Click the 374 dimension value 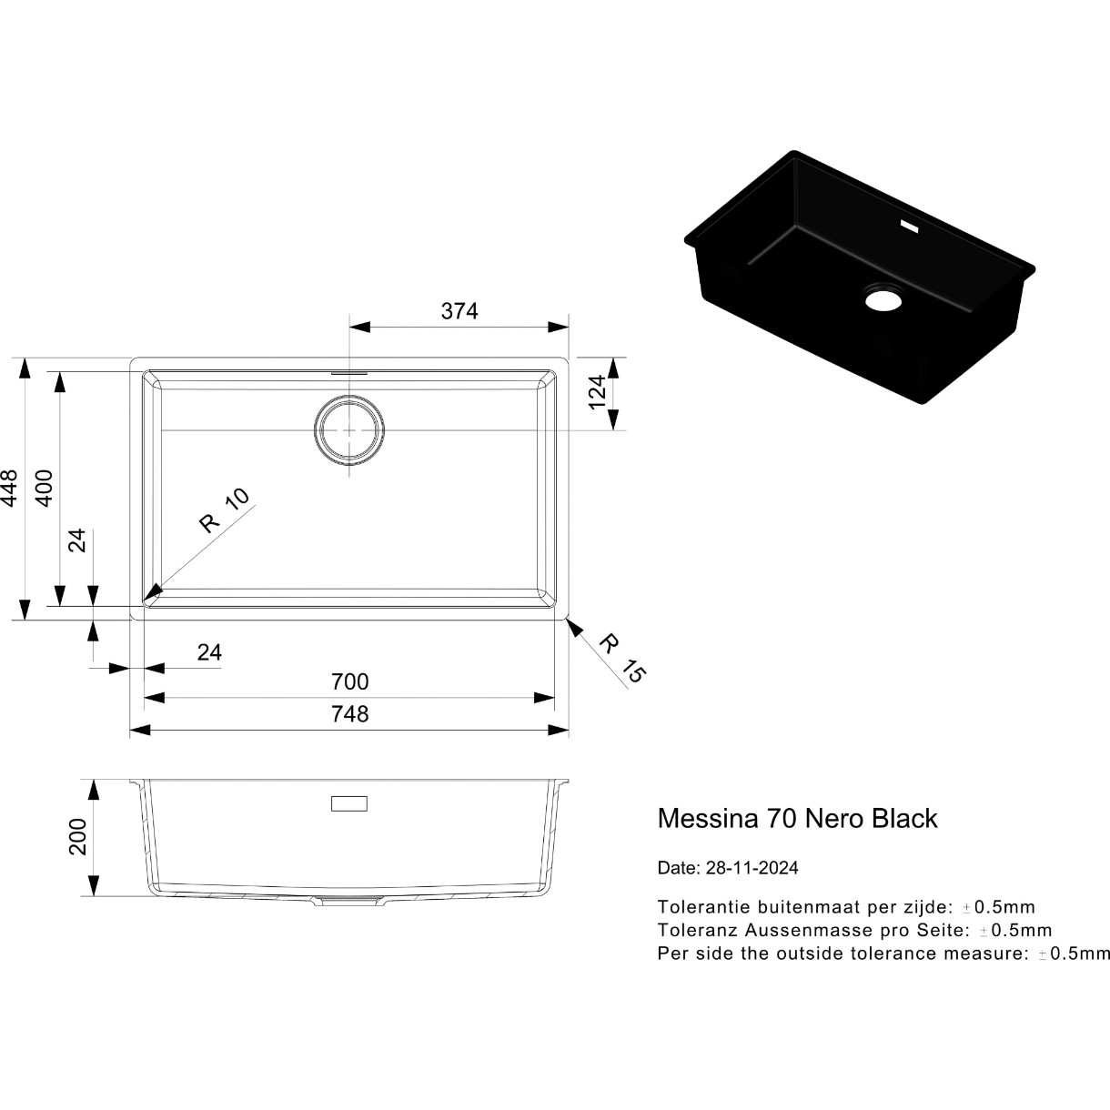click(459, 311)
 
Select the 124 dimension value click(598, 392)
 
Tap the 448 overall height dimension click(10, 489)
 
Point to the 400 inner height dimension click(45, 489)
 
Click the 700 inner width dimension click(349, 682)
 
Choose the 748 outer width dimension click(349, 714)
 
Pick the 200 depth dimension click(77, 836)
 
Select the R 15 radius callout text click(622, 659)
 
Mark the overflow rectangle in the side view click(349, 803)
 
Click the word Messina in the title click(708, 819)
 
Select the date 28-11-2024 click(752, 868)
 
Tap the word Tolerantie click(704, 907)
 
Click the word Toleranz click(698, 930)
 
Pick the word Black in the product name click(904, 819)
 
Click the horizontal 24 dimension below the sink click(209, 652)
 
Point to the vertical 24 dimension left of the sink click(77, 540)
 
